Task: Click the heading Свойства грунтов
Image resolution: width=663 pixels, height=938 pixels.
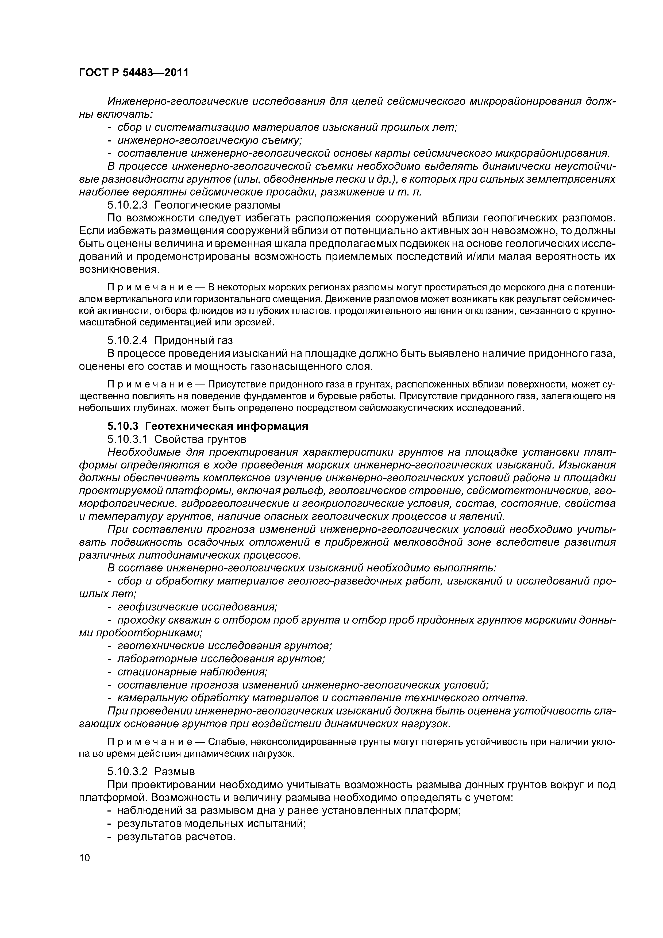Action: (x=200, y=439)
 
